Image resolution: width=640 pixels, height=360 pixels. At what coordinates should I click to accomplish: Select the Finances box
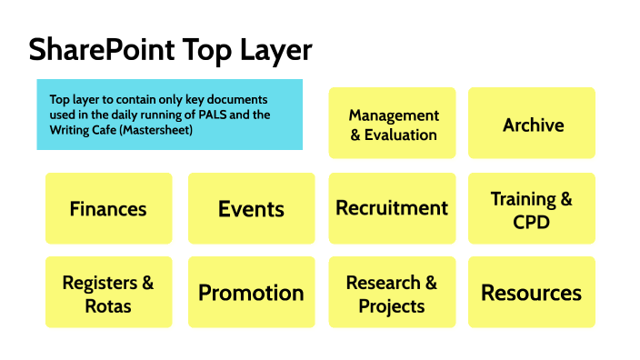coord(108,208)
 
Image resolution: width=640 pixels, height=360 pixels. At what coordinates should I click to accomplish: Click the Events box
coord(251,208)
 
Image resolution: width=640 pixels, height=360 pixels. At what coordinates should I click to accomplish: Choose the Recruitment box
coord(392,208)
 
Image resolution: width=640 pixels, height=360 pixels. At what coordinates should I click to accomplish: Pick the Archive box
coord(533,125)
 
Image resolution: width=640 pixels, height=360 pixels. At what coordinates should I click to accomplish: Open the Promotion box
coord(251,293)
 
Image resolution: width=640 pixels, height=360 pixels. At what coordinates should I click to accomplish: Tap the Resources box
coord(531,293)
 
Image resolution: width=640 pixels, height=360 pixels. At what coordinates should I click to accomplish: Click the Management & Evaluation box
coord(393,125)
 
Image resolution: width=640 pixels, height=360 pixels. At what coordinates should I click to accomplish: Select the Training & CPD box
coord(531,209)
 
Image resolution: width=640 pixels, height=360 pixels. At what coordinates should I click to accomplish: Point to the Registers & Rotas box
coord(108,293)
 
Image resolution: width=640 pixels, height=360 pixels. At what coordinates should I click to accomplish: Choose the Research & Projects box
coord(392,293)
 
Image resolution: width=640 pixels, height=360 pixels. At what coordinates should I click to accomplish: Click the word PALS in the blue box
coord(225,115)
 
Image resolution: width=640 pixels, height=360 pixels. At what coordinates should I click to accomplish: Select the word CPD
coord(532,221)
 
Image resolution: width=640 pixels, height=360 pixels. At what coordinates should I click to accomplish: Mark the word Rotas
coord(108,305)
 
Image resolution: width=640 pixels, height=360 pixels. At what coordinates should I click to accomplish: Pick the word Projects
coord(392,305)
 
